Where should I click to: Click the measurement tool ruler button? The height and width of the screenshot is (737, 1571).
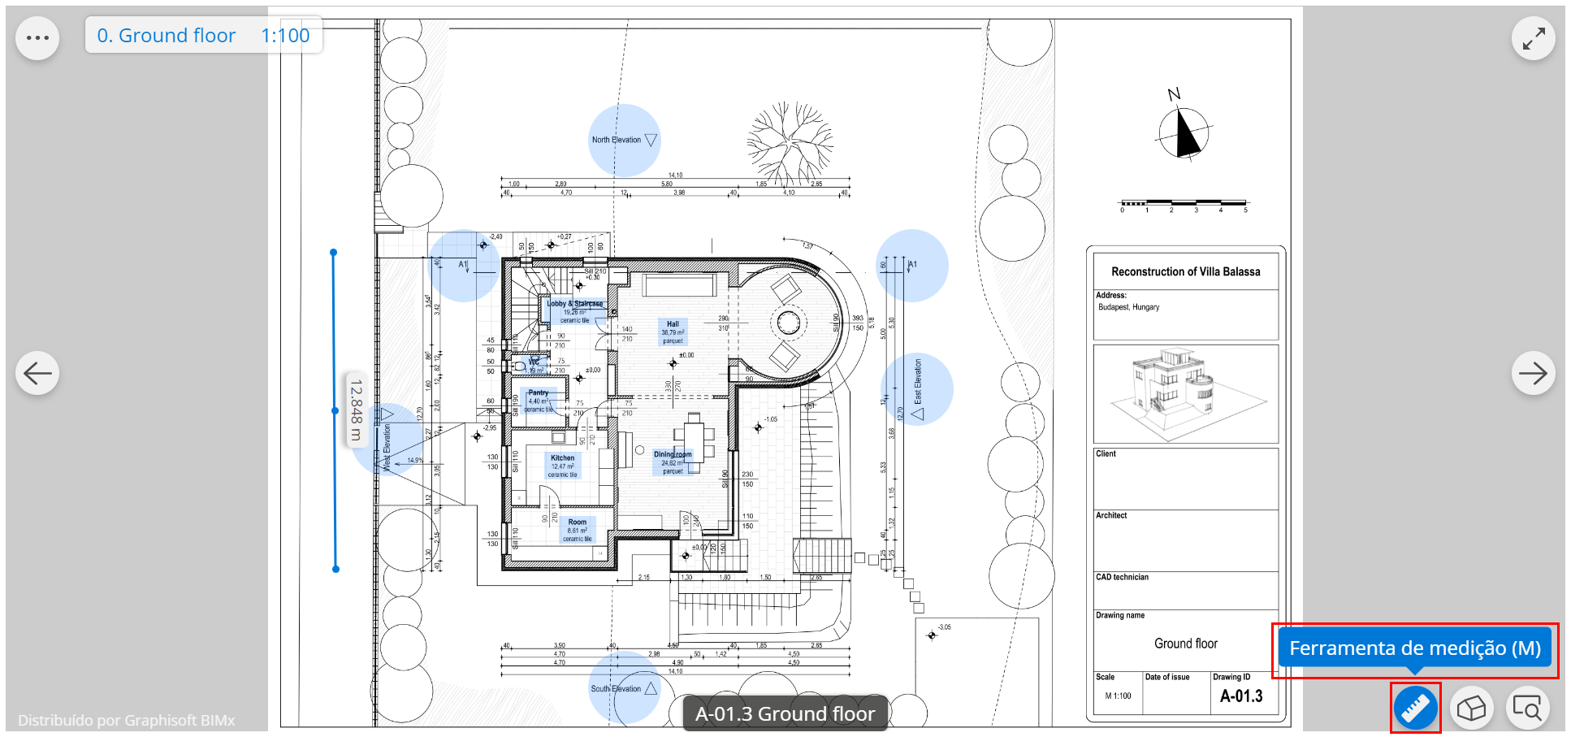pyautogui.click(x=1415, y=709)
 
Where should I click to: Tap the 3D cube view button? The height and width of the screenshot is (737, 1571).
pyautogui.click(x=1471, y=709)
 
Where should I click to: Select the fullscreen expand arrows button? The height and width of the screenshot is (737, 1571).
pyautogui.click(x=1533, y=38)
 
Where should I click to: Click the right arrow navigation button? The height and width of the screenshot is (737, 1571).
pyautogui.click(x=1533, y=373)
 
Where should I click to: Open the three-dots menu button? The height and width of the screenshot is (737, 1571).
pyautogui.click(x=37, y=38)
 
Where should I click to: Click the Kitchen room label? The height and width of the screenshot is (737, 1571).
pyautogui.click(x=562, y=458)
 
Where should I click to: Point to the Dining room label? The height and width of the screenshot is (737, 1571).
pyautogui.click(x=673, y=454)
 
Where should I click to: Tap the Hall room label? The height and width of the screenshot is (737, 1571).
pyautogui.click(x=673, y=324)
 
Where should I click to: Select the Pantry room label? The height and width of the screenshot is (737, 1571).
pyautogui.click(x=538, y=392)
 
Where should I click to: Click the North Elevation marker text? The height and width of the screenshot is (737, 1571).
pyautogui.click(x=617, y=140)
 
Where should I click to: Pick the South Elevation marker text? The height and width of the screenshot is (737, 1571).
pyautogui.click(x=616, y=689)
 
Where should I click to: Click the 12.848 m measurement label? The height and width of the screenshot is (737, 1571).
pyautogui.click(x=356, y=410)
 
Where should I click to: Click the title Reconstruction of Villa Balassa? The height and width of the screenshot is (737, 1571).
pyautogui.click(x=1185, y=271)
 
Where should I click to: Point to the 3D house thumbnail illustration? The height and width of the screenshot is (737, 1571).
pyautogui.click(x=1185, y=392)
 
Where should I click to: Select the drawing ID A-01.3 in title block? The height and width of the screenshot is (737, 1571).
pyautogui.click(x=1241, y=696)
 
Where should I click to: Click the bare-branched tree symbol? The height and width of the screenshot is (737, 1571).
pyautogui.click(x=789, y=142)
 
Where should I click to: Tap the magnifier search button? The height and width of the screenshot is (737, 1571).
pyautogui.click(x=1527, y=709)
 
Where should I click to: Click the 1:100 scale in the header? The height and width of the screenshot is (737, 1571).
pyautogui.click(x=285, y=36)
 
